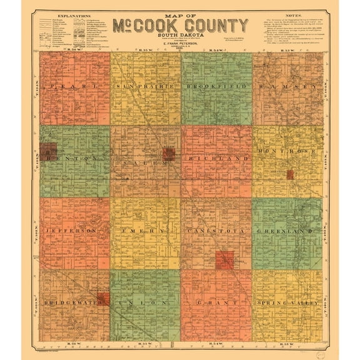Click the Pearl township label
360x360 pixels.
click(x=74, y=85)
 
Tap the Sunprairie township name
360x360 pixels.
click(x=145, y=85)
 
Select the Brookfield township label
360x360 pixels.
click(x=216, y=85)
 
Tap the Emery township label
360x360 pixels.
click(x=145, y=231)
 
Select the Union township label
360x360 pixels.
click(x=145, y=303)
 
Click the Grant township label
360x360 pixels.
click(x=216, y=303)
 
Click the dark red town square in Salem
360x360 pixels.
click(x=168, y=154)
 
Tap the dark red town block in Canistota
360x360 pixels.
click(x=224, y=259)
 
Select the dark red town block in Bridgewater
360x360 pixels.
click(x=104, y=298)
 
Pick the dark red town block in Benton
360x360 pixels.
click(x=47, y=150)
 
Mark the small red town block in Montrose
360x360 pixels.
click(x=290, y=174)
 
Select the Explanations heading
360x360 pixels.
click(x=71, y=13)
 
